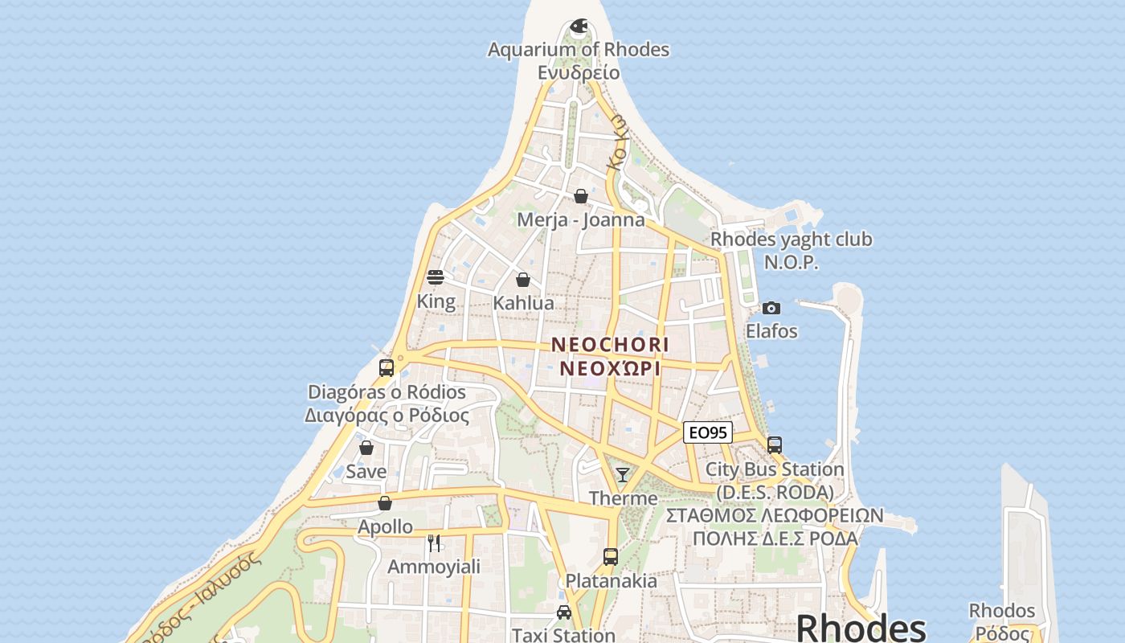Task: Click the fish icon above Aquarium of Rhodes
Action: click(579, 27)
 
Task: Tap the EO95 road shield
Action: click(708, 432)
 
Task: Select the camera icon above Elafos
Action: click(771, 308)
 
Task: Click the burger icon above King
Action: click(436, 277)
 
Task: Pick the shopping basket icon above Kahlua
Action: click(523, 280)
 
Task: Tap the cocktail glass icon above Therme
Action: click(623, 474)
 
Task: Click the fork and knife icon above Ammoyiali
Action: click(434, 543)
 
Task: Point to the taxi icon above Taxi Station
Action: click(564, 612)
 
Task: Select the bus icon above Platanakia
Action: click(611, 556)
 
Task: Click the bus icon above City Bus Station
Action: click(775, 444)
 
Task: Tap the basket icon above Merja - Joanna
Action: click(581, 196)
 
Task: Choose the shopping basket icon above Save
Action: click(366, 448)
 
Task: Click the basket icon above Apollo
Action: click(385, 503)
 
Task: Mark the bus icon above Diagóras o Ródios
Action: click(387, 368)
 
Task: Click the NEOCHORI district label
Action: click(610, 345)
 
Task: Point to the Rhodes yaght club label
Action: click(791, 240)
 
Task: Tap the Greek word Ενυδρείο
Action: click(579, 72)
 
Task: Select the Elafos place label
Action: click(771, 331)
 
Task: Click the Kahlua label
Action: click(523, 303)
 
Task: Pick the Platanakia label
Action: click(611, 580)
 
